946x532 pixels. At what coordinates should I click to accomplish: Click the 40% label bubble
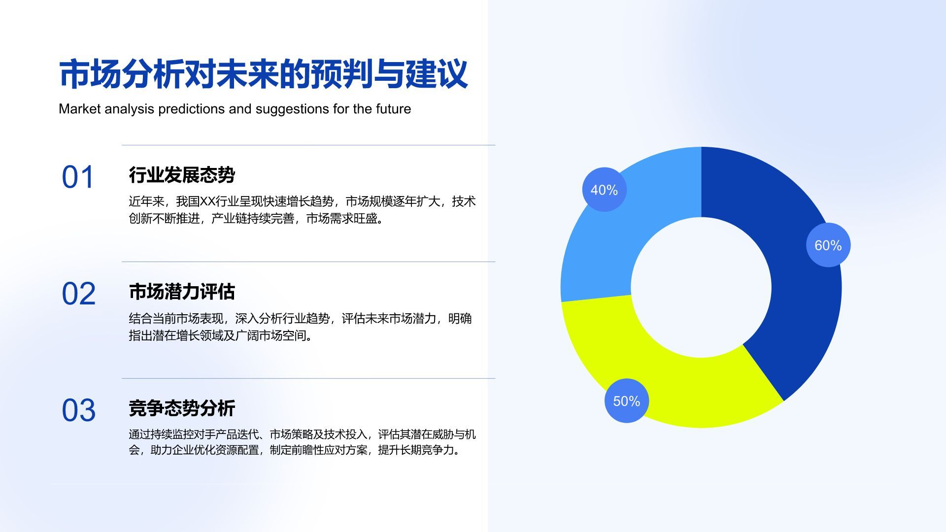[604, 190]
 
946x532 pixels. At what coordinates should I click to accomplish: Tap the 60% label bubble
[828, 245]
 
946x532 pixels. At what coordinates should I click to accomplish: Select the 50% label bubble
[627, 400]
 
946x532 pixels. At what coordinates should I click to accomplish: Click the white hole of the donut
[701, 288]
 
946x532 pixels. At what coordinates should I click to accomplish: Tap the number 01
[78, 177]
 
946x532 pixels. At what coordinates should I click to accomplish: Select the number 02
[78, 294]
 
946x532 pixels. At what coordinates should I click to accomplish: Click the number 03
[78, 410]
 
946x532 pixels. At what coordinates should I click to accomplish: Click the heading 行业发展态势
[182, 175]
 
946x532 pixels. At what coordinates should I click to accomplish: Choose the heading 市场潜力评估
[182, 292]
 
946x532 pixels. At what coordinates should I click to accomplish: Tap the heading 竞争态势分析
[182, 408]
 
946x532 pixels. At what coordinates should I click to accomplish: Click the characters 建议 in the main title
[437, 74]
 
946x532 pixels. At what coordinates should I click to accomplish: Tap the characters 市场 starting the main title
[90, 74]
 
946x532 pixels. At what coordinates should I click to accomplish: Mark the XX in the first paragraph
[207, 201]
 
